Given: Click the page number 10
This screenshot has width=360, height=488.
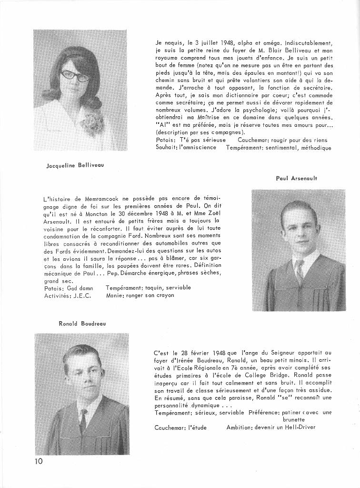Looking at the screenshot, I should [38, 461].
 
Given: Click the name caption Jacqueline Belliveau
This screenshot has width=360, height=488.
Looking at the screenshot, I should [75, 165].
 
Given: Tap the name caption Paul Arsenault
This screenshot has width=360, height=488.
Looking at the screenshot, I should [296, 178].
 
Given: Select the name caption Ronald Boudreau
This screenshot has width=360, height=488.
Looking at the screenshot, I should [82, 324].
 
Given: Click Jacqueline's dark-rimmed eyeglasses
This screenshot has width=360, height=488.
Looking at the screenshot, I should [75, 75].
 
